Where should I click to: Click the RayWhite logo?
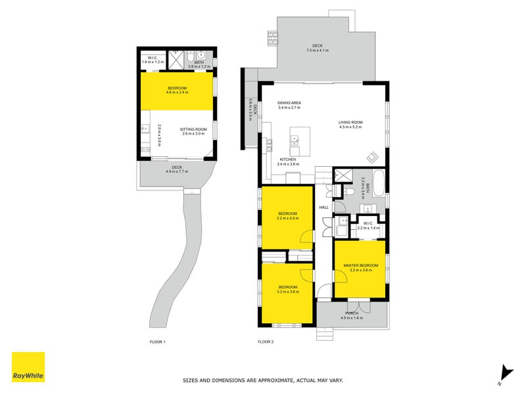point(28,367)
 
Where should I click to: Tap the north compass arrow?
point(504,373)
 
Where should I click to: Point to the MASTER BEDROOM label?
point(360,265)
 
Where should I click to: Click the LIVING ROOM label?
point(350,122)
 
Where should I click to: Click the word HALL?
point(323,208)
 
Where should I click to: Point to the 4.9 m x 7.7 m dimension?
point(177,171)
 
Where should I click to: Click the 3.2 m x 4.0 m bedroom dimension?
point(288,218)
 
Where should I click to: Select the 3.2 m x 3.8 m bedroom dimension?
point(288,292)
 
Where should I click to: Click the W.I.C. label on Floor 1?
point(152,57)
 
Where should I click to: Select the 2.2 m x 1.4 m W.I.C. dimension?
point(368,228)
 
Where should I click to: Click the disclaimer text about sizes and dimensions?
point(262,380)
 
